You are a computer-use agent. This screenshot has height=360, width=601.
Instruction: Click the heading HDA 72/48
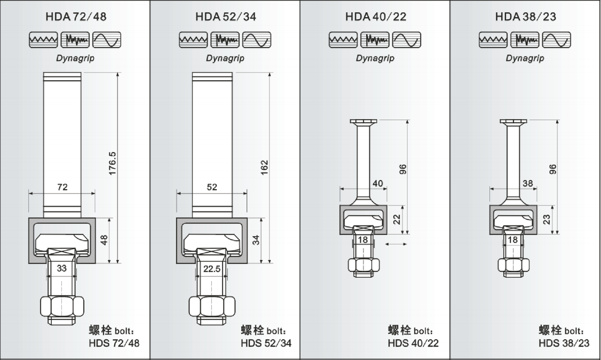[x=76, y=17]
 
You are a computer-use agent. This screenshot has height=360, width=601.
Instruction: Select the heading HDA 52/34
[x=226, y=17]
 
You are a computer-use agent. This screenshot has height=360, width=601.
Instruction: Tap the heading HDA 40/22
[x=376, y=17]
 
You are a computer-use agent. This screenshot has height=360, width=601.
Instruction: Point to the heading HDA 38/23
[x=526, y=17]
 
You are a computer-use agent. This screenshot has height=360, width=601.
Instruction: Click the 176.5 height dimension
[x=112, y=163]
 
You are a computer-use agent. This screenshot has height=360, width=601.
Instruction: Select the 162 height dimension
[x=264, y=168]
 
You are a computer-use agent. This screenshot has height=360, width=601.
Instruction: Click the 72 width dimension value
[x=62, y=187]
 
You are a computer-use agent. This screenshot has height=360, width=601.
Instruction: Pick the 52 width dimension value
[x=212, y=187]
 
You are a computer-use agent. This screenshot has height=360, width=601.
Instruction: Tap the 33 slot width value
[x=62, y=268]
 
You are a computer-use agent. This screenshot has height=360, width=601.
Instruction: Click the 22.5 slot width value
[x=212, y=269]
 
